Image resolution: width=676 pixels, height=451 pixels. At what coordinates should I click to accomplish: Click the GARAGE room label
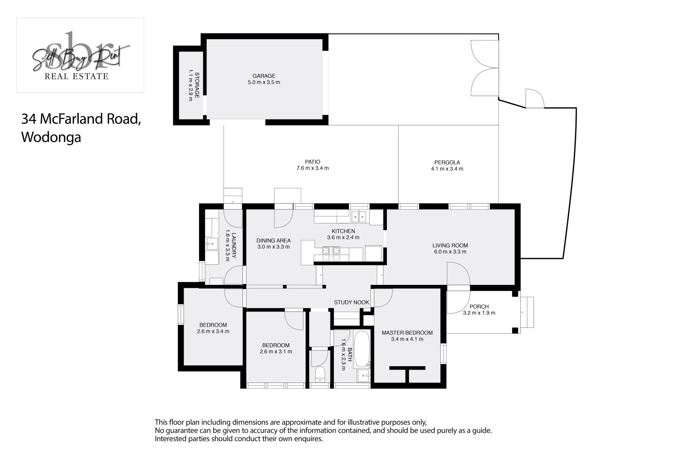pos(264,76)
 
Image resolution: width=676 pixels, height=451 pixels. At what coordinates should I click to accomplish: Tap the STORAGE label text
pos(197,85)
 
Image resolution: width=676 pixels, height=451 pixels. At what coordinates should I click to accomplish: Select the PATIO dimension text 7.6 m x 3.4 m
pos(313,168)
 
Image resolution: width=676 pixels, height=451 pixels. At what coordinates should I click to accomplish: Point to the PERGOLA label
pos(447,162)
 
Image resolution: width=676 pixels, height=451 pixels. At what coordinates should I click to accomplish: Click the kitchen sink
pos(359,216)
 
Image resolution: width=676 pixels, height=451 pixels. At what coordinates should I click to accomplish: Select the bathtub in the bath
pos(361,349)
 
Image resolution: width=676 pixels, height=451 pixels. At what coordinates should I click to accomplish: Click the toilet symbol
pos(320,374)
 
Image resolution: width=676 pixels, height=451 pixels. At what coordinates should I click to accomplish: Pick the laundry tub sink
pos(212,243)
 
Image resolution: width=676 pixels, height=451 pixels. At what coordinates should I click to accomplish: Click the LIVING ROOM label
pos(450,246)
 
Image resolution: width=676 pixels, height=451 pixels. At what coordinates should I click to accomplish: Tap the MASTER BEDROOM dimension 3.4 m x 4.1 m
pos(407,339)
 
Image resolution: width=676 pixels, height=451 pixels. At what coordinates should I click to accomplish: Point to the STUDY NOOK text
pos(351,302)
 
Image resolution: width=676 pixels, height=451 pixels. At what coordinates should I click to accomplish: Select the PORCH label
pos(479,307)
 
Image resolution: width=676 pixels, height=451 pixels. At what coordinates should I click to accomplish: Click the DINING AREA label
pos(273,241)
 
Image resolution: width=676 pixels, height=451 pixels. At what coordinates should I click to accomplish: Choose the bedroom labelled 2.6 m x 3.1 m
pos(276,348)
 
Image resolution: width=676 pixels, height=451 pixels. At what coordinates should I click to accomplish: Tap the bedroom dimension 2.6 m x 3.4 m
pos(213,332)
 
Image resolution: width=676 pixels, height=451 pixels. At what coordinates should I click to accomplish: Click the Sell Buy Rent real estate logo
pos(80,56)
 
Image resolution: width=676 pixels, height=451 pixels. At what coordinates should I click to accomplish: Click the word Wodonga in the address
pos(51,137)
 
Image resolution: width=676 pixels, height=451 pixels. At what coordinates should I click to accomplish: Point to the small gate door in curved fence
pos(535,99)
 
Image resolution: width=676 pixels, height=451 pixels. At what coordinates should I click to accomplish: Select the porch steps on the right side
pos(527,312)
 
